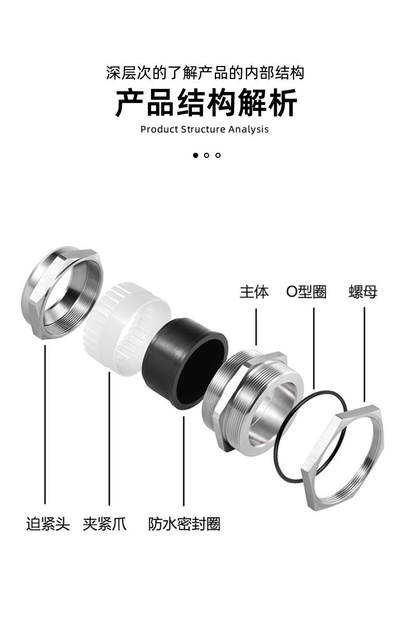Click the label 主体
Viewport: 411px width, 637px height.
coord(254,292)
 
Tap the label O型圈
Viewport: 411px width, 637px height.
coord(306,292)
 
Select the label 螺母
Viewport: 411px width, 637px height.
coord(363,292)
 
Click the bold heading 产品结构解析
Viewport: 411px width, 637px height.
coord(206,103)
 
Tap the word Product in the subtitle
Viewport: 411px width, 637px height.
coord(159,129)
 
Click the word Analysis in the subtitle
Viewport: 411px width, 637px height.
coord(248,130)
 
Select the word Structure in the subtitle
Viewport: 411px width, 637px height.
coord(203,129)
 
